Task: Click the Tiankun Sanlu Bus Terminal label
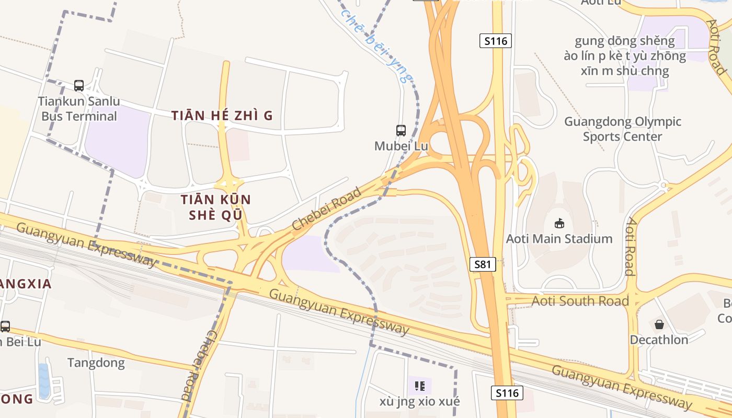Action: tap(79, 109)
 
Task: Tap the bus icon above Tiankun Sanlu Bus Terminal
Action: tap(79, 85)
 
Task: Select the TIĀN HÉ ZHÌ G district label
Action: tap(222, 115)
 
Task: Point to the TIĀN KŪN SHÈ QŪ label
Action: tap(216, 207)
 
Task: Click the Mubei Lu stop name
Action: tap(401, 146)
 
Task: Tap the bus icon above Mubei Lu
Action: tap(401, 130)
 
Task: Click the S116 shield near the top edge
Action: tap(495, 41)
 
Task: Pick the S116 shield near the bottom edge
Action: tap(507, 393)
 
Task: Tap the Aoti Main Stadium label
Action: tap(559, 239)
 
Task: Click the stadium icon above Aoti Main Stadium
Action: tap(559, 223)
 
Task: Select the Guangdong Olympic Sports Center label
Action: tap(623, 129)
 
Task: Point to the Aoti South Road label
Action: tap(580, 301)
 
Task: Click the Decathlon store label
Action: tap(659, 340)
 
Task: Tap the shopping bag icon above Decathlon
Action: tap(659, 324)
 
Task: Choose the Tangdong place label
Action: tap(96, 363)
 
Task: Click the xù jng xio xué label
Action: tap(420, 401)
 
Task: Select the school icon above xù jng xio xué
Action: tap(419, 386)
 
